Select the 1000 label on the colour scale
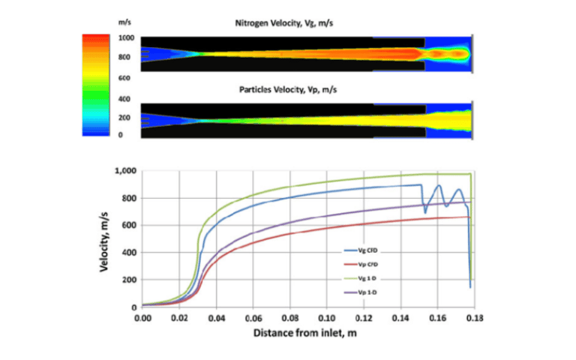(125, 37)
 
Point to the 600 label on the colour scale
(125, 77)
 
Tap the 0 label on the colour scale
(121, 135)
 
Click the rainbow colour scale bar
(96, 85)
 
